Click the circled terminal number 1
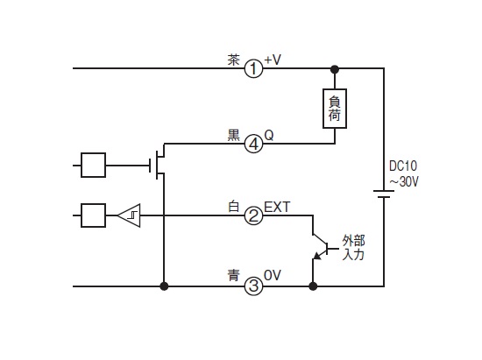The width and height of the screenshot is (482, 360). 253,68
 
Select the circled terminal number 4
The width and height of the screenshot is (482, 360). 253,144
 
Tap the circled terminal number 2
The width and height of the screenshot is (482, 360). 253,215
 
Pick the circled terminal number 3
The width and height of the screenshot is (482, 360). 253,286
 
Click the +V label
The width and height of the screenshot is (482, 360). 273,60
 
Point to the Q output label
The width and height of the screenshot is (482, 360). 269,135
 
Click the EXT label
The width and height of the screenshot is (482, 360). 277,208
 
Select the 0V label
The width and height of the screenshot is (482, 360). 273,275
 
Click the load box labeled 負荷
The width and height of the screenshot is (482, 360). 335,109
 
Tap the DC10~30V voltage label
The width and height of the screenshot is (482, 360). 404,173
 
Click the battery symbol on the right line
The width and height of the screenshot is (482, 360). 384,194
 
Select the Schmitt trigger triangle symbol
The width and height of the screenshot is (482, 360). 129,215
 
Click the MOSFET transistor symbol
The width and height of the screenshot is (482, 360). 159,166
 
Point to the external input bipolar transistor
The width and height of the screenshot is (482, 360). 320,247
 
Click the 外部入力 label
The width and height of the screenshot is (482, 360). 353,248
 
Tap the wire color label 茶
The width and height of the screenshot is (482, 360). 233,60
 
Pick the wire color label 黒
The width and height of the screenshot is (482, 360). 233,135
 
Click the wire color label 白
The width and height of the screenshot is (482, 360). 233,207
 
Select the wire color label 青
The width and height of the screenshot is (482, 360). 233,275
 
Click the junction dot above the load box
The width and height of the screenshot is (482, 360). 335,69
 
